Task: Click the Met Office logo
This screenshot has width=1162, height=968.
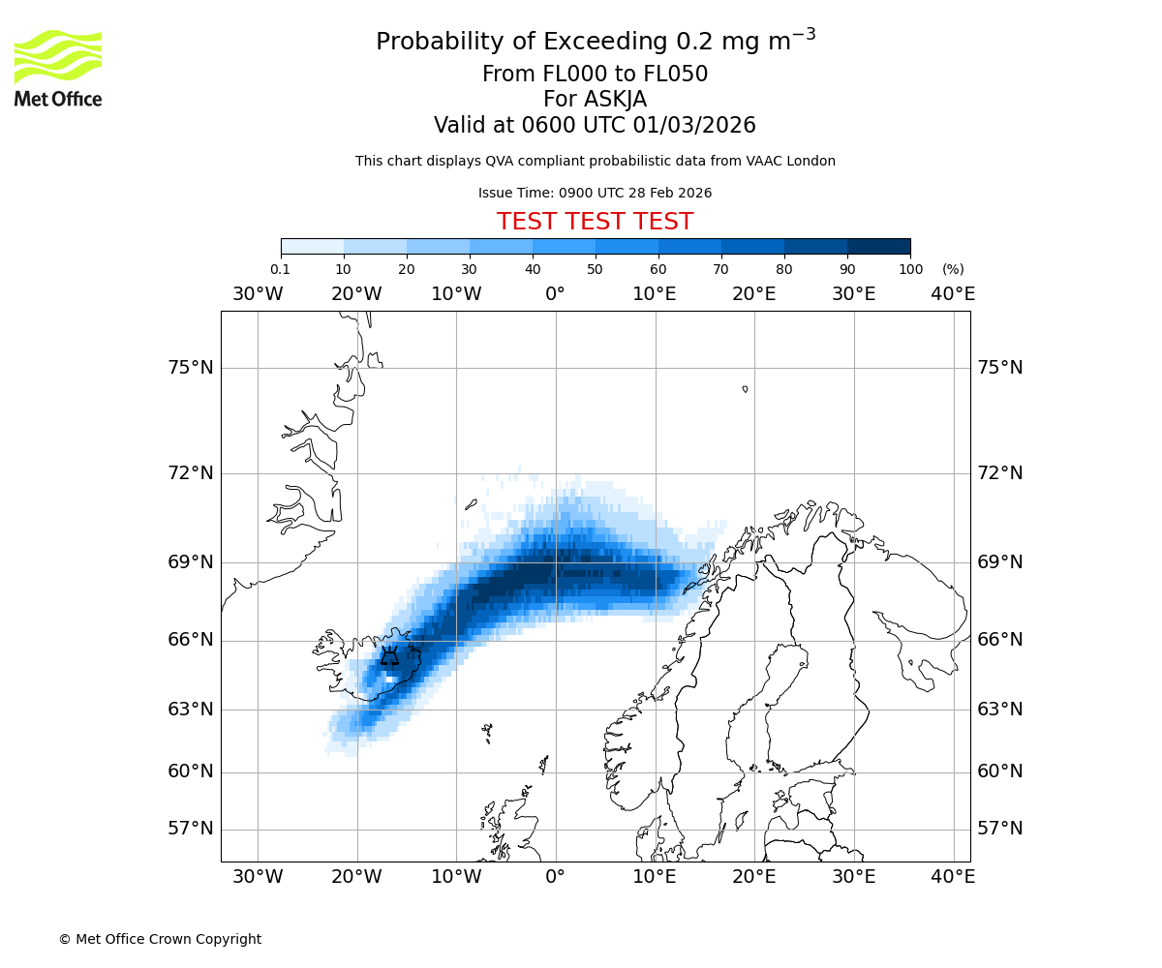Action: [58, 68]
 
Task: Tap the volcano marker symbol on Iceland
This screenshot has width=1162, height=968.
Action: [389, 657]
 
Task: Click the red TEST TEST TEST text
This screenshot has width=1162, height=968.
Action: [595, 222]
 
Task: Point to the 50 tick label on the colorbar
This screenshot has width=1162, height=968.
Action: [595, 269]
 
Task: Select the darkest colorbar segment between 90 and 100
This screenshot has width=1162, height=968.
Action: [878, 246]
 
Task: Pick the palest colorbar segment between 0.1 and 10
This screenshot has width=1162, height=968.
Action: [312, 246]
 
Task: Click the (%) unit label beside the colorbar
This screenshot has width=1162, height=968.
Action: [953, 269]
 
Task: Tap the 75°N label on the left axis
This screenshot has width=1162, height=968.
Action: [189, 368]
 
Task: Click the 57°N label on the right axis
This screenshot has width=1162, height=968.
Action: [999, 829]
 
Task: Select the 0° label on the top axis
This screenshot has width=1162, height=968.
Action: [555, 293]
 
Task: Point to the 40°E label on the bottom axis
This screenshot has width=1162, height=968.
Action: [953, 877]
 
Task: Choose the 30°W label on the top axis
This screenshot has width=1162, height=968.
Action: [258, 293]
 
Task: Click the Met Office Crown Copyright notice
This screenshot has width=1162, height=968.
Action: [160, 939]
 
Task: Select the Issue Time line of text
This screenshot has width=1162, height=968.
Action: [595, 193]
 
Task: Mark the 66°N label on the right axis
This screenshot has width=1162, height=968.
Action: [999, 640]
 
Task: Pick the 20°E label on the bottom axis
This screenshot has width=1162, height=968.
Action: [753, 877]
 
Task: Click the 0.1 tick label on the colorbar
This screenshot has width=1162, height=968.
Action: [280, 269]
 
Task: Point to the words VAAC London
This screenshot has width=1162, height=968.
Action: [790, 161]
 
